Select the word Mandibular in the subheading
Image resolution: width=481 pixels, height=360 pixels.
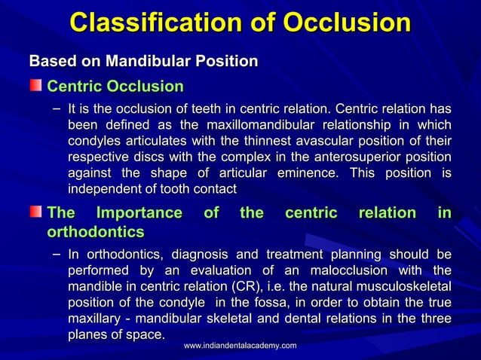tap(149, 60)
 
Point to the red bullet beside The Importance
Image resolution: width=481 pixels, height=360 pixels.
tap(36, 213)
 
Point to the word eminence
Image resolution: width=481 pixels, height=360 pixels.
tap(302, 172)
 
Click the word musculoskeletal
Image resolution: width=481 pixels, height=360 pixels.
tap(397, 286)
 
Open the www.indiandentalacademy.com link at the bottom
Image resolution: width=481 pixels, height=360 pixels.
tap(240, 345)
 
